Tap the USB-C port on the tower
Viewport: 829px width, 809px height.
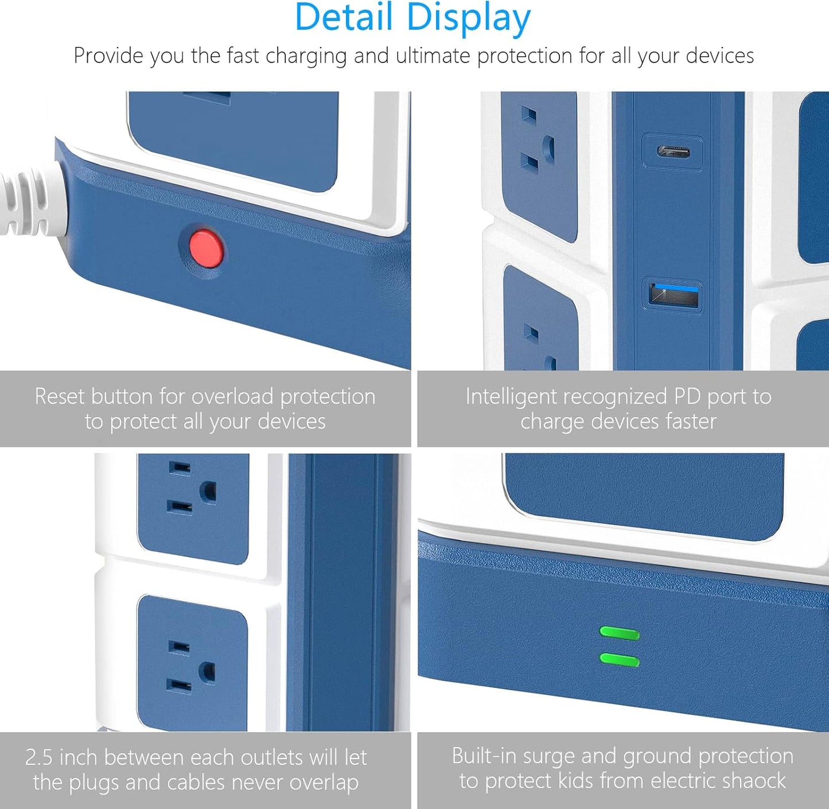pos(672,152)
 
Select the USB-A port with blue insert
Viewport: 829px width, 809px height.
pos(673,295)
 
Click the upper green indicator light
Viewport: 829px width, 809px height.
pos(619,633)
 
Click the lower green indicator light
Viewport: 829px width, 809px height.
pos(619,660)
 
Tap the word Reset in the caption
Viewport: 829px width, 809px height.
pos(60,396)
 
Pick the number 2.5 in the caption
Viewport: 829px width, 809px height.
pos(39,757)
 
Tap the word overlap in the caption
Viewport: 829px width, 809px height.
pos(324,783)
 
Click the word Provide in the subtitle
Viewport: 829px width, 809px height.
pos(108,56)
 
